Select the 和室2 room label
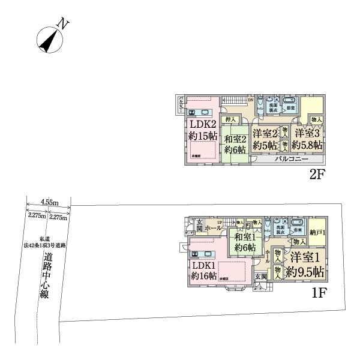tap(236, 139)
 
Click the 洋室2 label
tap(265, 133)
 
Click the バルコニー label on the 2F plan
tap(292, 160)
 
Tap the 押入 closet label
tap(231, 120)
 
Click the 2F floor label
tap(317, 175)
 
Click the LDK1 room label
tap(203, 264)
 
